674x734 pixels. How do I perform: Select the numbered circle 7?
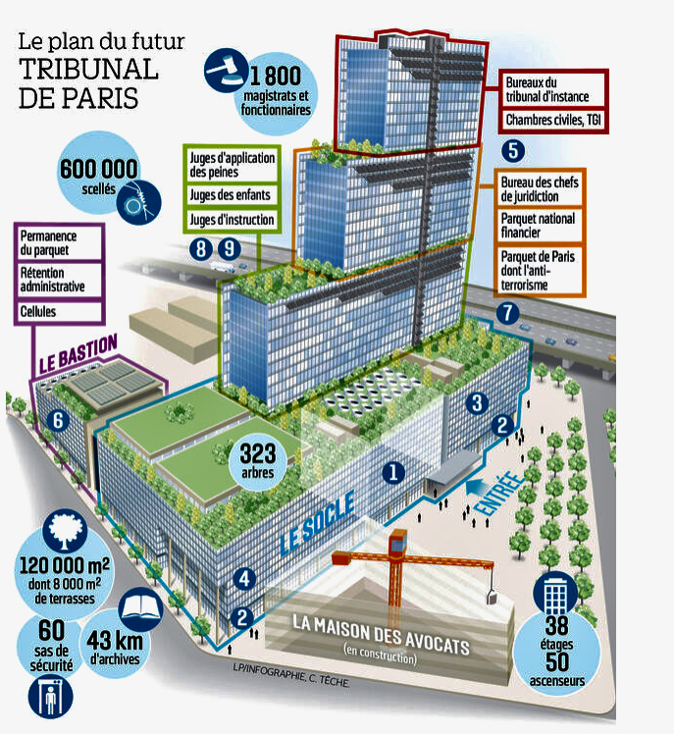tap(506, 313)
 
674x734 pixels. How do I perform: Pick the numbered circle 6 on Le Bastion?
tap(57, 422)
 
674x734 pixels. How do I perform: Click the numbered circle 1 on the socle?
tap(393, 472)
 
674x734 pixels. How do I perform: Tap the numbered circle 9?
tap(229, 249)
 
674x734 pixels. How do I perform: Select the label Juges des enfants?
tap(229, 194)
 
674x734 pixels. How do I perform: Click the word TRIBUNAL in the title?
tap(88, 70)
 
